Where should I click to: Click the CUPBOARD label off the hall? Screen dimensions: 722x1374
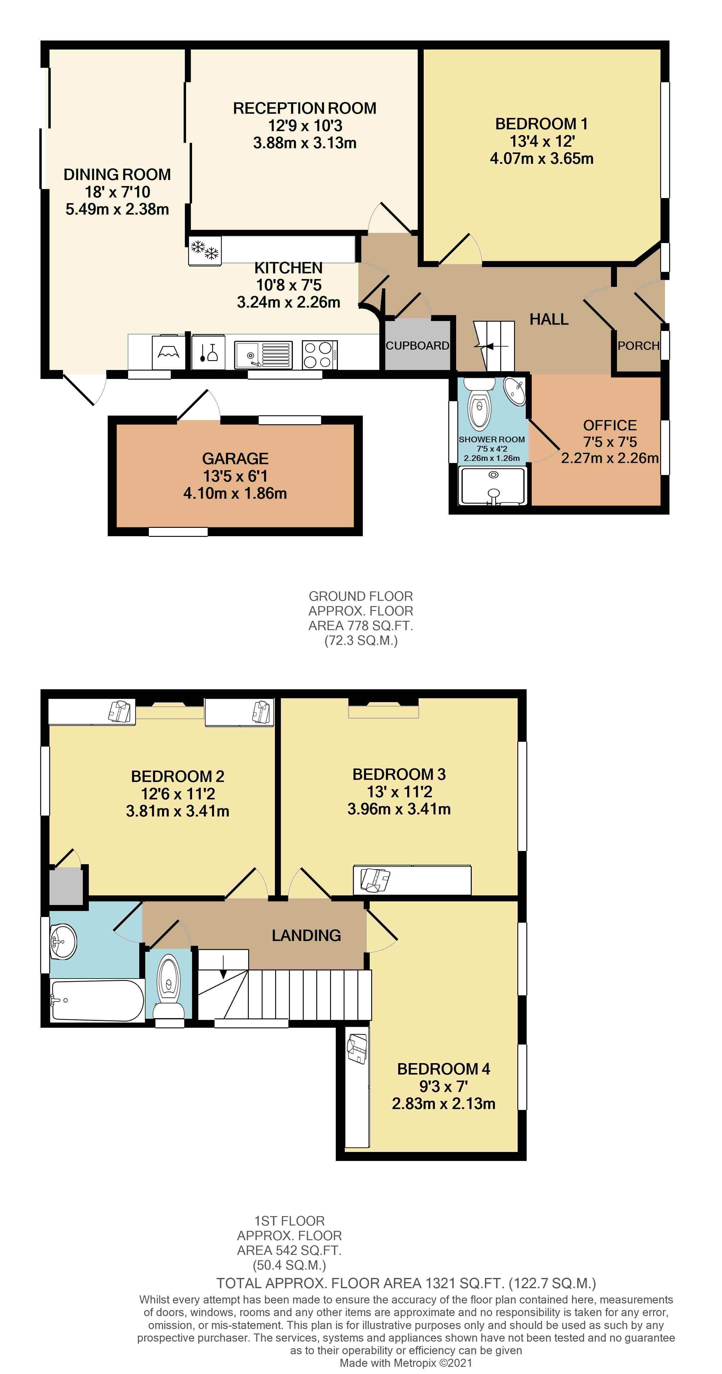coord(417,346)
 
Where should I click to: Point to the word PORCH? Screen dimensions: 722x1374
coord(638,346)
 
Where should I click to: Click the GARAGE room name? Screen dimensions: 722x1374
coord(235,459)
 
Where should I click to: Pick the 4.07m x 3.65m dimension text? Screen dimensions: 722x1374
coord(542,158)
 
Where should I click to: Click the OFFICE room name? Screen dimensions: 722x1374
coord(609,425)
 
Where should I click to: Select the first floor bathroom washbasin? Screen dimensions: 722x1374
coord(63,941)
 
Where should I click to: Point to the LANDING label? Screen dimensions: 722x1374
coord(306,935)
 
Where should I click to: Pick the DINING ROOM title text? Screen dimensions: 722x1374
coord(117,174)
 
